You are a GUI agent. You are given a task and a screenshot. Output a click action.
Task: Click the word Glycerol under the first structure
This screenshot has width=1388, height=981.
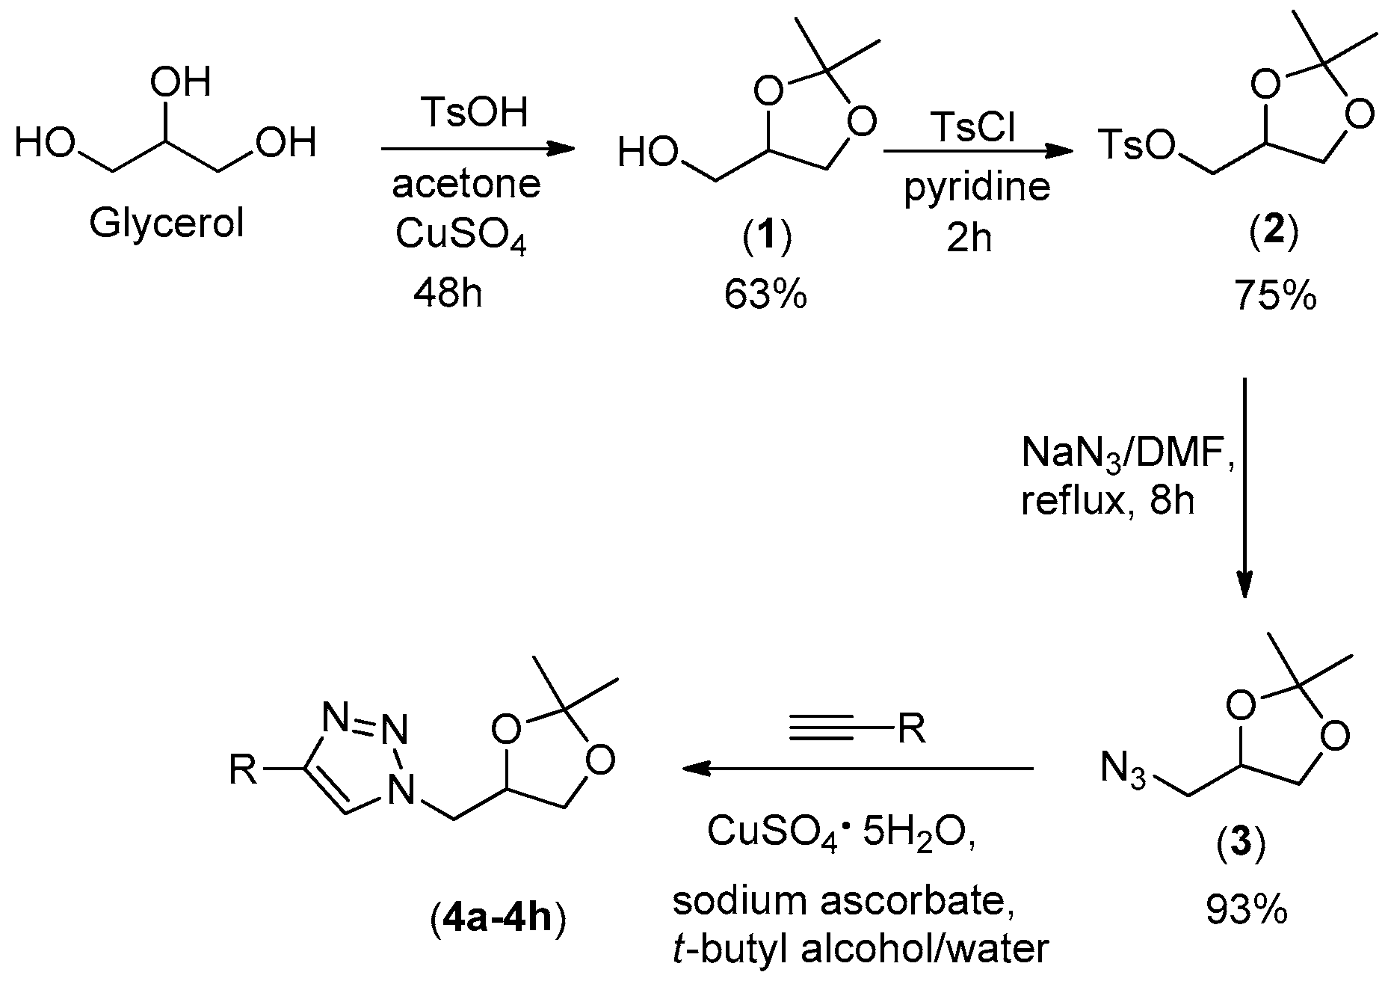point(167,223)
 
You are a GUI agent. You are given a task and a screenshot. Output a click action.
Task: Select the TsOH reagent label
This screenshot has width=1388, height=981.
point(475,113)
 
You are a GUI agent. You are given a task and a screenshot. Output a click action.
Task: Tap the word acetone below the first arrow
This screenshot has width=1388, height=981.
point(466,184)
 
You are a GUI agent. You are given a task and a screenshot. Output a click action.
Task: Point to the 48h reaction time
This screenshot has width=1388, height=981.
point(448,294)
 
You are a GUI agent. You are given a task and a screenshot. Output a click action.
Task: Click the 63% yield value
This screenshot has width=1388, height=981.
point(765,295)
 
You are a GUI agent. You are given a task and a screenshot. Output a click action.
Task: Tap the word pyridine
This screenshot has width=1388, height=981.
point(977,186)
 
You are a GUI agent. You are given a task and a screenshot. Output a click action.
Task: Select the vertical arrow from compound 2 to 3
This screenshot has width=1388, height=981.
point(1244,486)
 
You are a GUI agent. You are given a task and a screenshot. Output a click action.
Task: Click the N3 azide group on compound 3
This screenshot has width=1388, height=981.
point(1123,771)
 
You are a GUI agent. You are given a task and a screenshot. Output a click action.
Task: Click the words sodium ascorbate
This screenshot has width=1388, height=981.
point(843,901)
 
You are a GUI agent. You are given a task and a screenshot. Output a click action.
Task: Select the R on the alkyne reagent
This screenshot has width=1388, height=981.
point(912,728)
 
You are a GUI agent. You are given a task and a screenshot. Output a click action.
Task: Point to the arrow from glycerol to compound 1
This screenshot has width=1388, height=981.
point(478,150)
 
